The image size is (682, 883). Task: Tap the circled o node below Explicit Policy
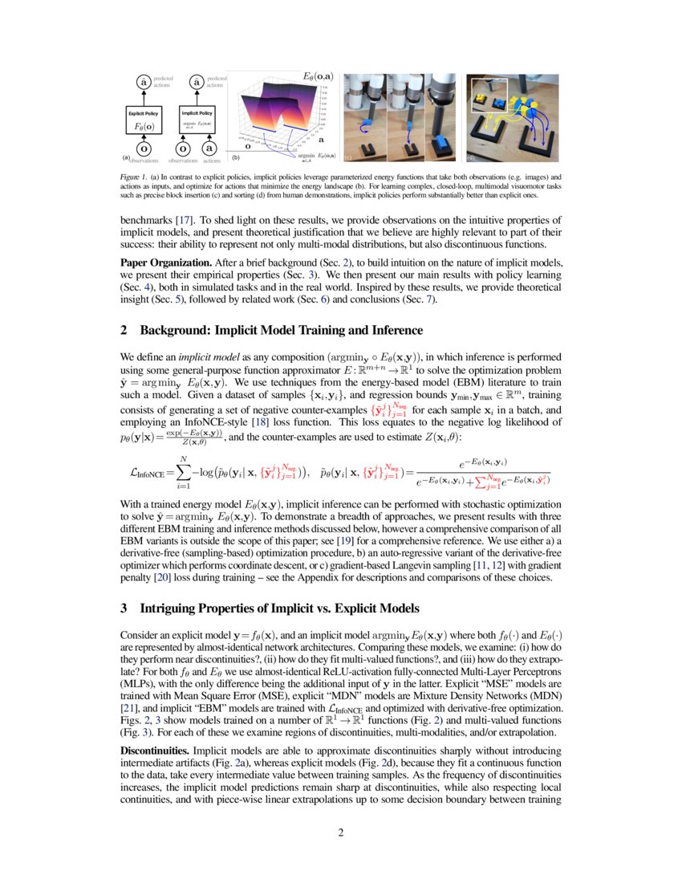pos(144,149)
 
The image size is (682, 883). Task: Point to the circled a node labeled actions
pos(209,149)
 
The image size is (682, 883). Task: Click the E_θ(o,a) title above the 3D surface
pos(319,76)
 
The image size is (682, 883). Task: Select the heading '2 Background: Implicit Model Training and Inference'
pos(271,331)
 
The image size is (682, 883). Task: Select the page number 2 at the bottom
pos(341,832)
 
